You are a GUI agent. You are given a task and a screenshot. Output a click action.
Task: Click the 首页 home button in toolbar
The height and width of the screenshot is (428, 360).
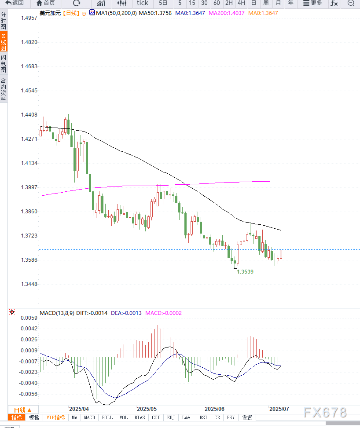click(x=46, y=3)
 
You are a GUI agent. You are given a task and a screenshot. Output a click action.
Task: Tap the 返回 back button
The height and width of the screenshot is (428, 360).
click(x=15, y=3)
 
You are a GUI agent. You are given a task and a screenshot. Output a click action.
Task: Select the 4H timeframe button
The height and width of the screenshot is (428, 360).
click(x=241, y=3)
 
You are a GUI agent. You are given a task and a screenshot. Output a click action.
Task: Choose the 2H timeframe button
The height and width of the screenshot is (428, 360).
click(x=229, y=3)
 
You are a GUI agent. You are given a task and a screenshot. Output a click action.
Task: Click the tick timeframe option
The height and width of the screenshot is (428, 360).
click(x=142, y=3)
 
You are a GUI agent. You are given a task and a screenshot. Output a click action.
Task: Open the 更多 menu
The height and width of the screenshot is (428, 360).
click(x=312, y=3)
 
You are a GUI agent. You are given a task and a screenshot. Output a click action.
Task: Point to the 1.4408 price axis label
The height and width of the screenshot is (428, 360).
click(x=29, y=115)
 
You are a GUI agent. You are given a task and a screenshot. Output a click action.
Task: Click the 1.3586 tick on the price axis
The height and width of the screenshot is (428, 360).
click(x=29, y=260)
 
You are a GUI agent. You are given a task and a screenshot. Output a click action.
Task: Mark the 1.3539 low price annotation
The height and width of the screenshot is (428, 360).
click(x=245, y=272)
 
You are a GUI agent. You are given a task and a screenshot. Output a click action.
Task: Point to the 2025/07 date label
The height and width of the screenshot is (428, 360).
click(x=279, y=409)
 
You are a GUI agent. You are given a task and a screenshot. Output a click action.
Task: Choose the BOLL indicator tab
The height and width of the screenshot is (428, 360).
click(x=107, y=417)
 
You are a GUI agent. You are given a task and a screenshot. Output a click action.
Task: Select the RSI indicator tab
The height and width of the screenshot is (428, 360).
click(x=203, y=417)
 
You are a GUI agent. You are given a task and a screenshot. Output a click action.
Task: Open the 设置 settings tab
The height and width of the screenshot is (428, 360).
click(x=247, y=417)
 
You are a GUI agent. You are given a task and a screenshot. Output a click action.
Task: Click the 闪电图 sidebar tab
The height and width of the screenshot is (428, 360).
click(x=4, y=64)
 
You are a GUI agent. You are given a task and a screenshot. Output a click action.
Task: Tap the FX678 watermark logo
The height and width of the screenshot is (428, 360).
click(x=325, y=413)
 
